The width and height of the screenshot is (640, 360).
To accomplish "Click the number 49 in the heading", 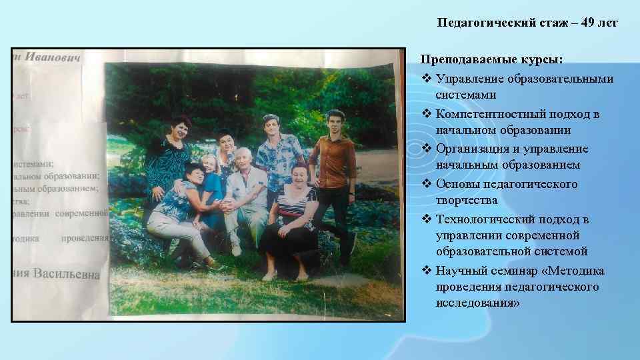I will (x=589, y=23).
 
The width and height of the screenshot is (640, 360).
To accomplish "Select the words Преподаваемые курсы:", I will (x=492, y=60).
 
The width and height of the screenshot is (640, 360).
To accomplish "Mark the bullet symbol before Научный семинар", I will (x=427, y=271).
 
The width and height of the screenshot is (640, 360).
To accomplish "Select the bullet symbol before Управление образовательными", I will (x=427, y=79).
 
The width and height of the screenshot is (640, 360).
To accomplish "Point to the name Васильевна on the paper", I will (x=67, y=274).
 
